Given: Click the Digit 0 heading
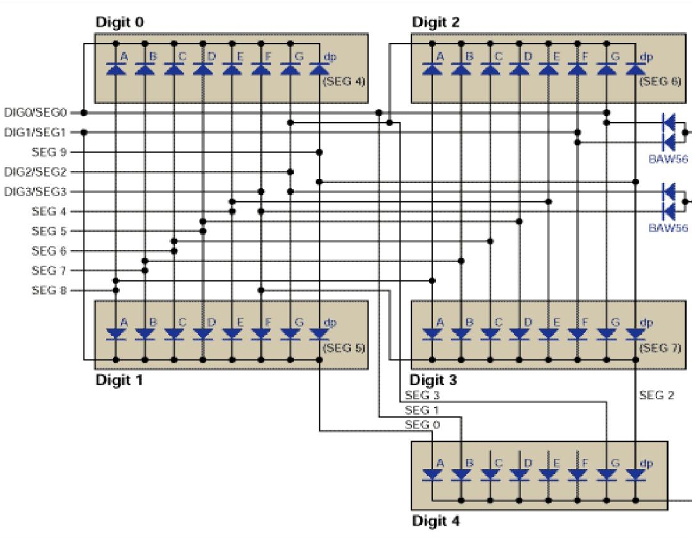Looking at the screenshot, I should click(119, 22).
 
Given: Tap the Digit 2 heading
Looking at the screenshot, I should click(436, 22).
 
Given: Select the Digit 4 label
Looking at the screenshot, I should click(436, 522).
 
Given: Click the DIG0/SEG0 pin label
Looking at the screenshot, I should click(35, 113).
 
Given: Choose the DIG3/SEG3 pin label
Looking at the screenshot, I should click(35, 192).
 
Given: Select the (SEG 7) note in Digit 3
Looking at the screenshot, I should click(660, 347).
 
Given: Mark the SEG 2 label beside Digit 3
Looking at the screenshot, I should click(657, 396).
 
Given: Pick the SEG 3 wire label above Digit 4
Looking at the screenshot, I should click(422, 396).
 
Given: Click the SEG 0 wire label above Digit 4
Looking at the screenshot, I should click(422, 425).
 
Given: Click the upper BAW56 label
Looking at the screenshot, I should click(668, 160).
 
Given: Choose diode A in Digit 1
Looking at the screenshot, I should click(116, 334).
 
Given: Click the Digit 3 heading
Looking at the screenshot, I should click(433, 380).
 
